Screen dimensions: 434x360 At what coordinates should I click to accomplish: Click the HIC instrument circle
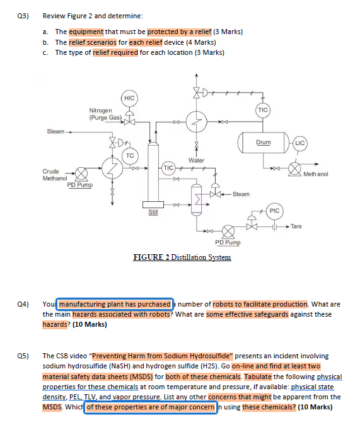click(129, 98)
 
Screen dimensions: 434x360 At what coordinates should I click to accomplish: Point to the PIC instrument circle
click(274, 211)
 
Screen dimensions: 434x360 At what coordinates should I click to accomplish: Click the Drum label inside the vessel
click(263, 143)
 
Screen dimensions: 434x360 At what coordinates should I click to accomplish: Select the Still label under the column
click(153, 213)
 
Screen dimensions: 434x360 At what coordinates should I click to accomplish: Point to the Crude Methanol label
click(55, 175)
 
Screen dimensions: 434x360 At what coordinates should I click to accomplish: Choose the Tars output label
click(296, 226)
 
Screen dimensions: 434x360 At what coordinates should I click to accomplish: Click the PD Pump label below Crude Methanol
click(80, 185)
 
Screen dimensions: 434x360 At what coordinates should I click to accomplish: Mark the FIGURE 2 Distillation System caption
click(182, 257)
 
